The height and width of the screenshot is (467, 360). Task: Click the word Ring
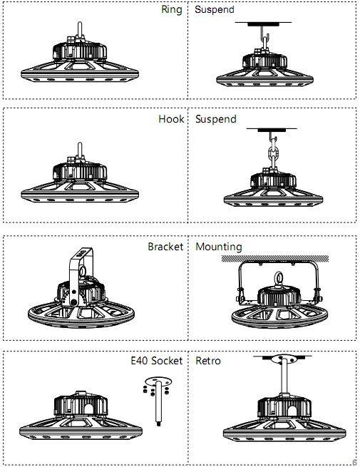[172, 11]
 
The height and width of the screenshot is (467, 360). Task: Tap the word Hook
[170, 119]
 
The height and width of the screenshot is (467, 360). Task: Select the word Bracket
[165, 247]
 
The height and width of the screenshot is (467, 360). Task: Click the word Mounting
[218, 247]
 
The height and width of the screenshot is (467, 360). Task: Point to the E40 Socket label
[156, 361]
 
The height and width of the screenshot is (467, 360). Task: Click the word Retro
[208, 361]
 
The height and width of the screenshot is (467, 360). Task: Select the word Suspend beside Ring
[215, 11]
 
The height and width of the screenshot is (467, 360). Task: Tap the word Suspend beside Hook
[215, 119]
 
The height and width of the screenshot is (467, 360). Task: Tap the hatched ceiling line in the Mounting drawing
[275, 258]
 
